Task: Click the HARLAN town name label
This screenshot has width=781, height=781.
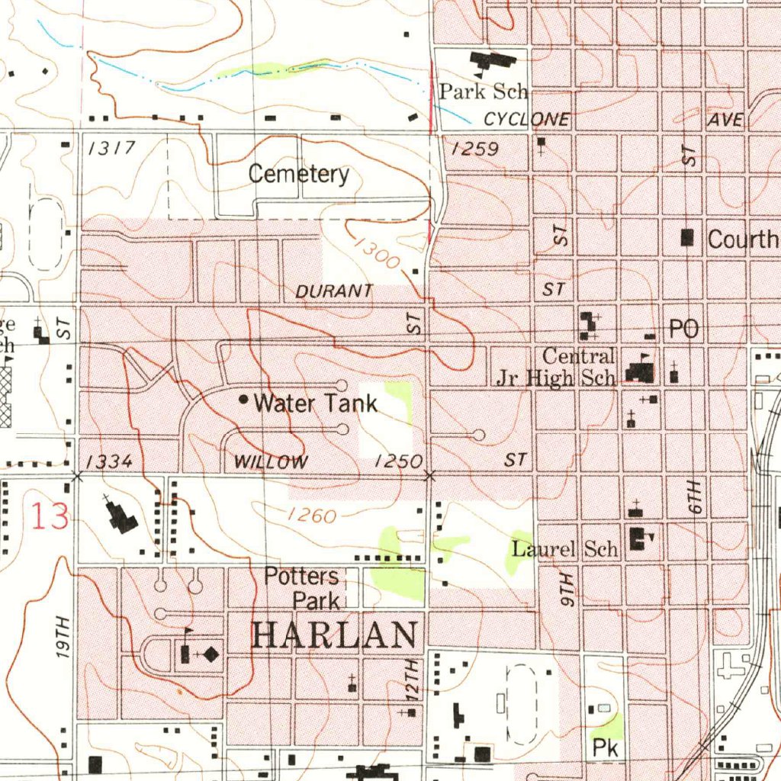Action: [x=336, y=635]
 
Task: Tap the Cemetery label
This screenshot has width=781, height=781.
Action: [x=299, y=174]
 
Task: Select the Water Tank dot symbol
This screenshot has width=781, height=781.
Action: [x=243, y=399]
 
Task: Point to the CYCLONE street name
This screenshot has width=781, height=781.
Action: [x=526, y=119]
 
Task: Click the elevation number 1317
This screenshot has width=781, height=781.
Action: [x=111, y=148]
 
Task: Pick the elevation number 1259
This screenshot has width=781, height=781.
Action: [x=475, y=149]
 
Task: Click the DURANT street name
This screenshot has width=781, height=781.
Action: [x=334, y=291]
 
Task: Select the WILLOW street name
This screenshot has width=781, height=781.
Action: [x=271, y=461]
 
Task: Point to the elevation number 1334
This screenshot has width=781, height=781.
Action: [x=109, y=461]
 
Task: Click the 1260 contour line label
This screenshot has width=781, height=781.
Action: [x=312, y=516]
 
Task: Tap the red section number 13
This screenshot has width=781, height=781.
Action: [x=50, y=516]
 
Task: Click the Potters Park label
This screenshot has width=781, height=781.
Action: [x=302, y=587]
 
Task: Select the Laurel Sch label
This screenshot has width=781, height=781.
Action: [x=564, y=548]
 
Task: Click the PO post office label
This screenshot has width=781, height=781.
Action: [x=683, y=329]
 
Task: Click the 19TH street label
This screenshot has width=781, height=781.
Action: [x=63, y=638]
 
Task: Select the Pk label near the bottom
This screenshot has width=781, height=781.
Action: [x=605, y=748]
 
